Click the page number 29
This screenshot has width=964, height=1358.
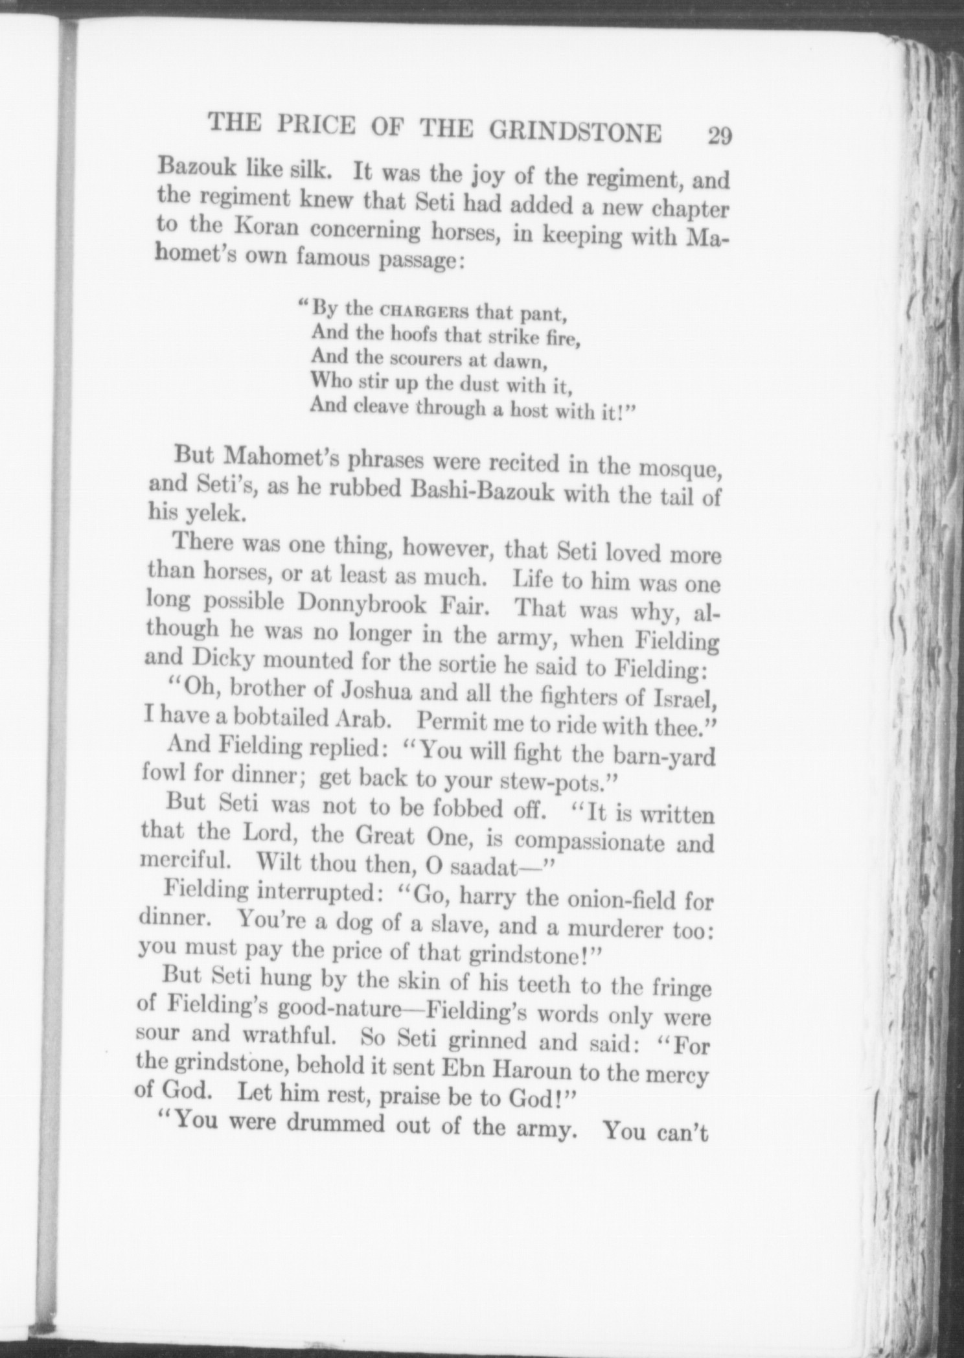point(719,137)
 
